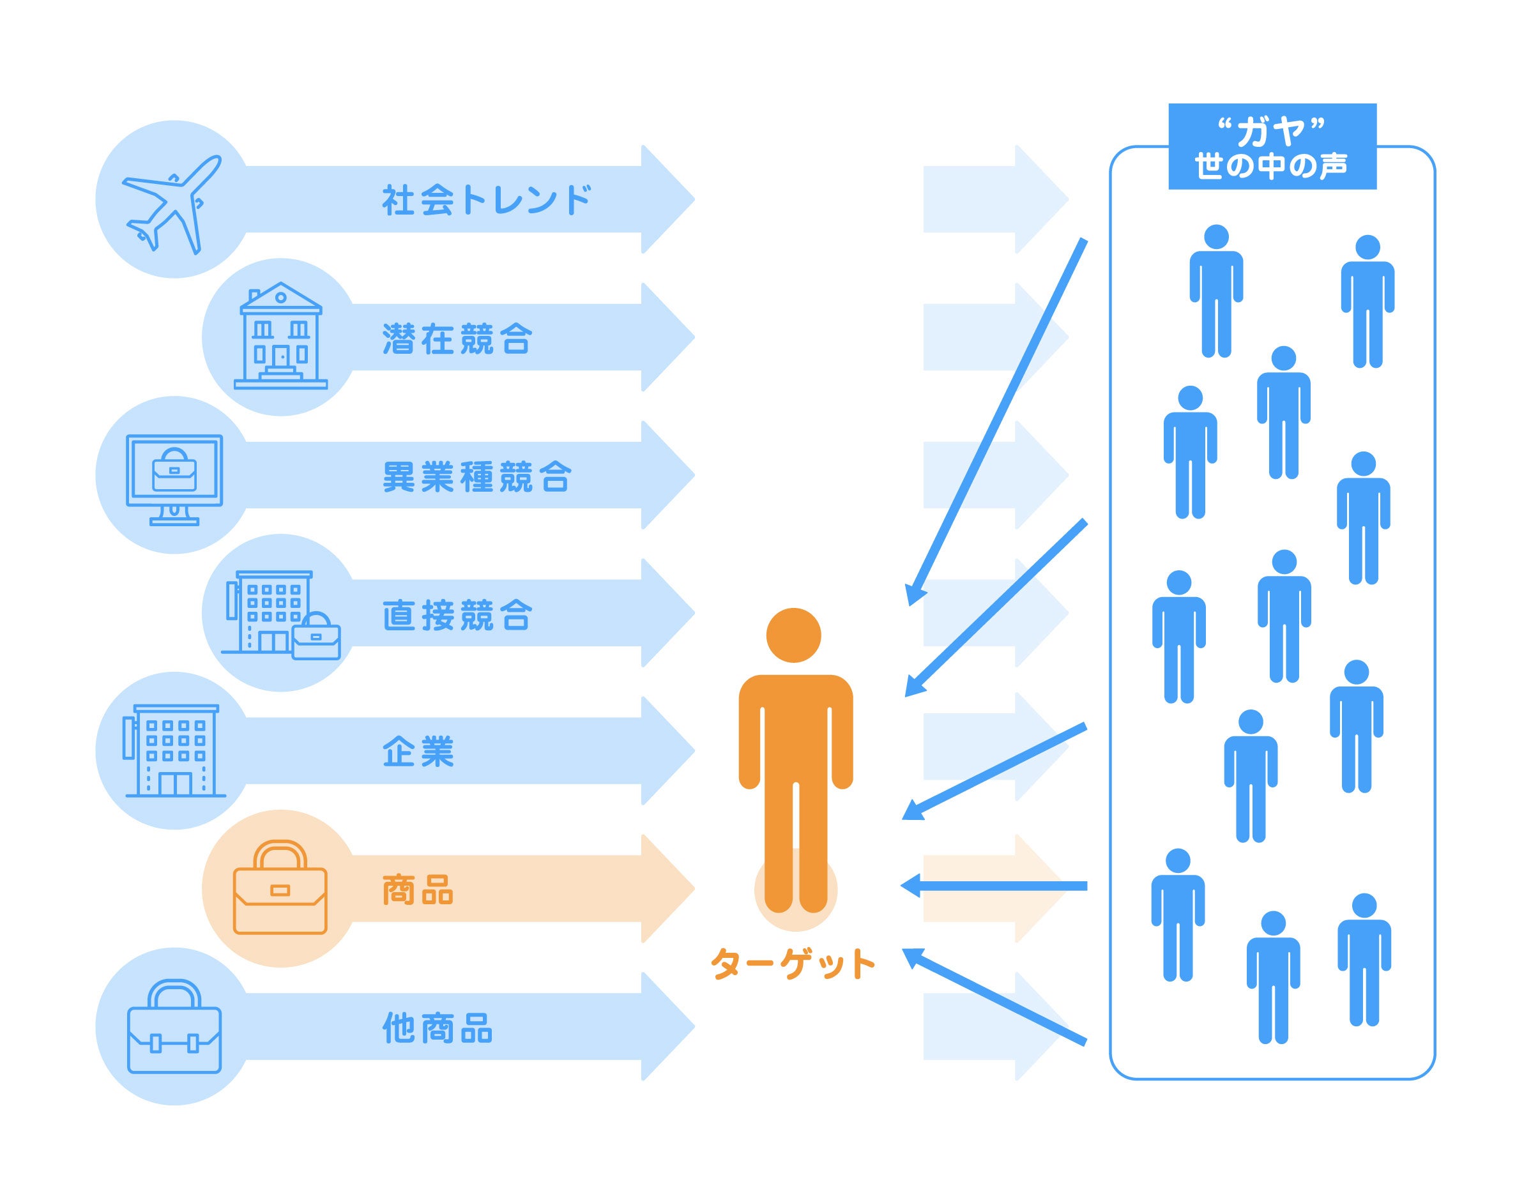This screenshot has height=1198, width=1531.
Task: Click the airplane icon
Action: click(172, 204)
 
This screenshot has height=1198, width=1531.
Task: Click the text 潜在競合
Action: click(457, 339)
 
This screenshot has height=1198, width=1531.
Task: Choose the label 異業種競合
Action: click(477, 477)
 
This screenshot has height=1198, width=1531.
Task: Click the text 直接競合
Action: click(457, 615)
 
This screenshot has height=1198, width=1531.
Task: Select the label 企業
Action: click(418, 752)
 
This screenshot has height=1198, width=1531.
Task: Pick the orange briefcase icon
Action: click(280, 888)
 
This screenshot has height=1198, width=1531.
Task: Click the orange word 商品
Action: click(418, 890)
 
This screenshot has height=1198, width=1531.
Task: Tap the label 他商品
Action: click(438, 1028)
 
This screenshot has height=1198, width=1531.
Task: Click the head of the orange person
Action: click(793, 635)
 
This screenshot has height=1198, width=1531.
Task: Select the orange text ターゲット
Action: click(793, 964)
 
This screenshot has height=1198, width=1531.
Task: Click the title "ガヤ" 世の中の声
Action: click(1272, 147)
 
